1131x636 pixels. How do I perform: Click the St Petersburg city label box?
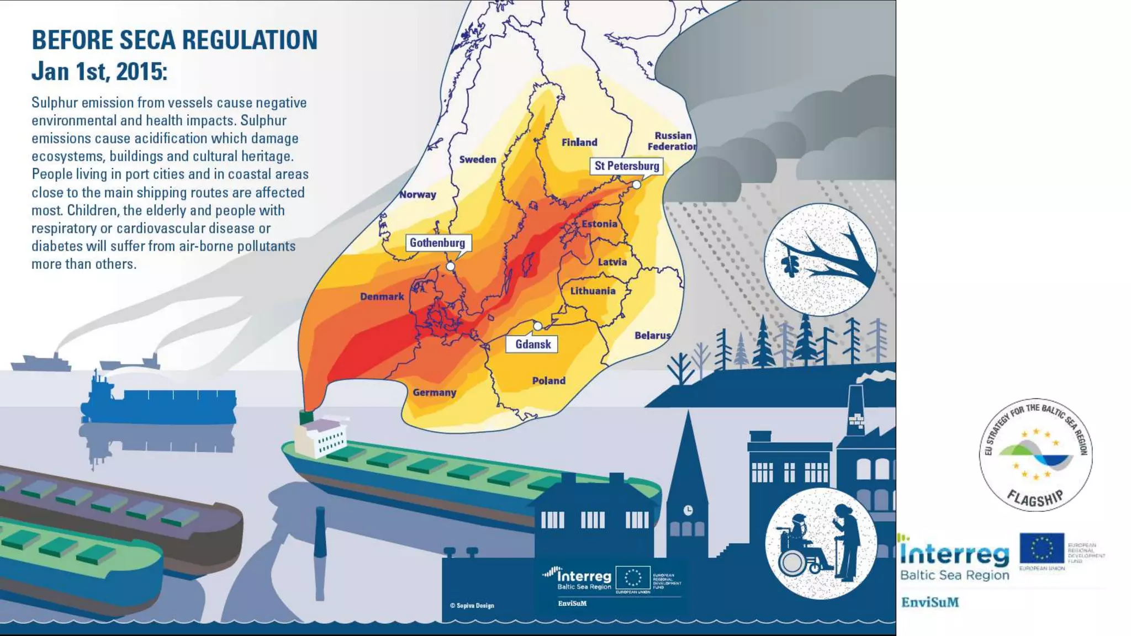[627, 166]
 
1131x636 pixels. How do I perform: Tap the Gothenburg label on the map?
[437, 243]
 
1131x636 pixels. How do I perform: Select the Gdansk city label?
[533, 344]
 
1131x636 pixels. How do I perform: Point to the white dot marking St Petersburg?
[637, 185]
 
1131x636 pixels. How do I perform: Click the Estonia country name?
[599, 224]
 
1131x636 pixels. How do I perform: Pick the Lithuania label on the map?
[593, 291]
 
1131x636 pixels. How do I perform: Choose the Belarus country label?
[652, 335]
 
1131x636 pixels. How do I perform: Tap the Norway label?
[417, 194]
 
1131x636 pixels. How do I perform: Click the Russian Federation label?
[672, 141]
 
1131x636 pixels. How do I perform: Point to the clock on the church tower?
[688, 510]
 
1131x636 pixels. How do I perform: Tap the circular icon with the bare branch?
[821, 259]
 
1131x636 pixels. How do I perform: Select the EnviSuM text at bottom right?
[930, 602]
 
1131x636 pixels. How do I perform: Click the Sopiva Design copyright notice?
[472, 606]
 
